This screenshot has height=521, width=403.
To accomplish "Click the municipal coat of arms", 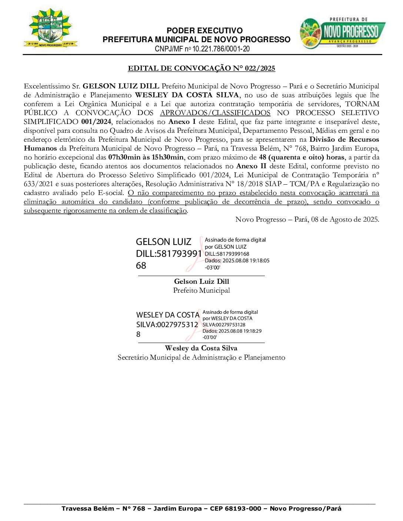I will pos(50,28).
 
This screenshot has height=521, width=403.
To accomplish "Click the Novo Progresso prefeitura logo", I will pos(342,33).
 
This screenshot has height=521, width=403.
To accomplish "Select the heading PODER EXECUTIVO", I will pos(204,31).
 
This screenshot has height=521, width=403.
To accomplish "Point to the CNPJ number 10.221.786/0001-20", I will pos(221,49).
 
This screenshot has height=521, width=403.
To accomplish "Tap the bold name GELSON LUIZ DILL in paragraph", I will pos(121,86).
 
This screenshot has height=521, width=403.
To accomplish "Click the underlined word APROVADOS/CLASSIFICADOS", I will pos(215,113).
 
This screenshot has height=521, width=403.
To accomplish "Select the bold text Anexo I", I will pos(182,122).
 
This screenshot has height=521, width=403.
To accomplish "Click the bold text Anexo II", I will pos(251,166).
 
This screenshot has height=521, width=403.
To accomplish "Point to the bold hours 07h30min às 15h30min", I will pos(146,157).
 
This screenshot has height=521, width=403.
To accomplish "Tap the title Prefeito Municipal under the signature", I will pos(201,290).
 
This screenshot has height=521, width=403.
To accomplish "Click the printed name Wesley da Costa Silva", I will pos(201,348).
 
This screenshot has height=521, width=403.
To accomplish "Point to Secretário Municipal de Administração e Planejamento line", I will pos(201,357).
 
